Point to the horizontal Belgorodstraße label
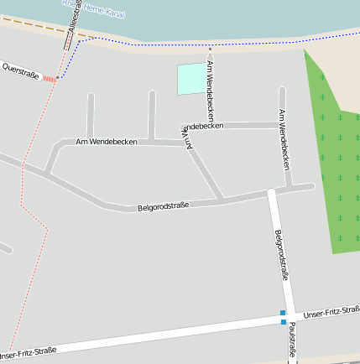click(163, 205)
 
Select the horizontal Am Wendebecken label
click(107, 142)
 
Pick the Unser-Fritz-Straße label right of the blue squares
click(331, 313)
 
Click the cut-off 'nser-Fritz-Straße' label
click(29, 351)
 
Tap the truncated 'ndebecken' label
click(202, 127)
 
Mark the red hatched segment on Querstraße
click(50, 79)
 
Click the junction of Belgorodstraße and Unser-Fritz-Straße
click(284, 318)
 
